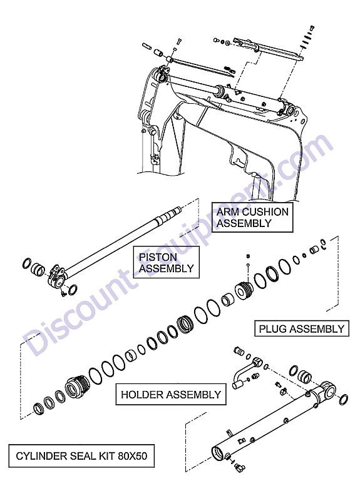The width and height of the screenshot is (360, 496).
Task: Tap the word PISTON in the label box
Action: tap(158, 256)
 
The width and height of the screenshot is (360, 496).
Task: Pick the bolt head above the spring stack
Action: tap(312, 28)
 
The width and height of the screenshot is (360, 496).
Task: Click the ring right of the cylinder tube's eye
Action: tap(344, 400)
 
